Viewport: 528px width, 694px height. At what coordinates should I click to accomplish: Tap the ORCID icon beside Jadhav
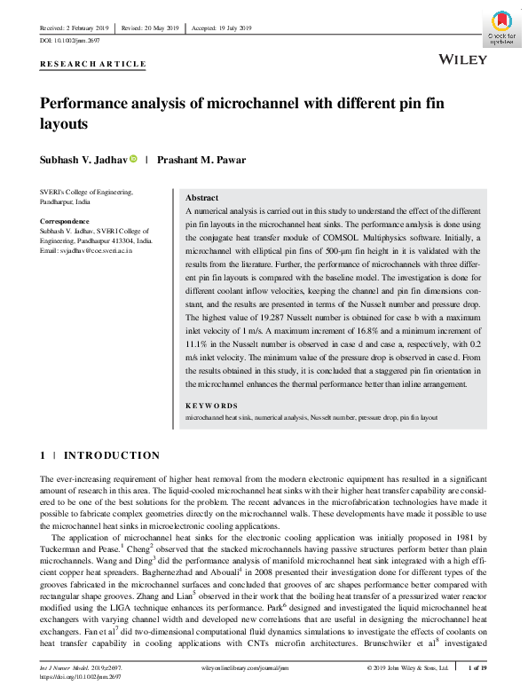pyautogui.click(x=134, y=160)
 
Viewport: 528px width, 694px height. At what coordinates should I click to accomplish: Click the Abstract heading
pyautogui.click(x=202, y=198)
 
